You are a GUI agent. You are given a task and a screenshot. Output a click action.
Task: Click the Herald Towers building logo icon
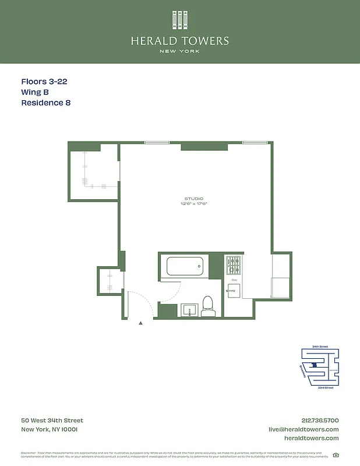click(x=180, y=20)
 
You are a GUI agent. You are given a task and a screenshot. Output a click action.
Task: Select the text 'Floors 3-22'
click(x=44, y=82)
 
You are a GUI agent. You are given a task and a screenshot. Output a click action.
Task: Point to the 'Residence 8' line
click(x=45, y=103)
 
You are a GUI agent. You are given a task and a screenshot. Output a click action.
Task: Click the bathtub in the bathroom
click(x=185, y=266)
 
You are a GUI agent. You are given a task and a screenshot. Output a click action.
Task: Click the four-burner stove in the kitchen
click(x=233, y=266)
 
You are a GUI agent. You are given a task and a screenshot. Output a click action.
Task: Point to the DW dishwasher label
click(x=234, y=280)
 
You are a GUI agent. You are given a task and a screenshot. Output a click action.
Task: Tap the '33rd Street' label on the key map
click(x=326, y=387)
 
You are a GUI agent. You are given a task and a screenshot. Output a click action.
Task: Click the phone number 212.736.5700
click(x=320, y=421)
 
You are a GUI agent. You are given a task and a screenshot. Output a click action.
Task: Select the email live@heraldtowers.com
click(x=303, y=429)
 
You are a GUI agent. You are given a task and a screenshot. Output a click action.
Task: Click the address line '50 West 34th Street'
click(x=52, y=421)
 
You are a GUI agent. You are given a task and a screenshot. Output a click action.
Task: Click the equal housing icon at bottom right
click(x=336, y=455)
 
